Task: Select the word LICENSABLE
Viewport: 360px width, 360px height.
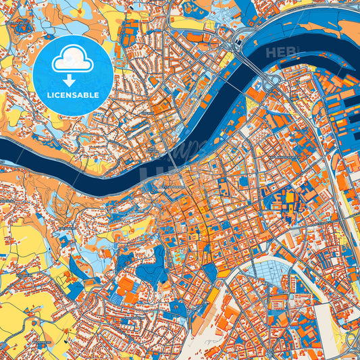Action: [x=73, y=96]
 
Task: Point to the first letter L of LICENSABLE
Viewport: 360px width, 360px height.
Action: [x=49, y=96]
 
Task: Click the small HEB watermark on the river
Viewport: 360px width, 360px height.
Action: [x=280, y=52]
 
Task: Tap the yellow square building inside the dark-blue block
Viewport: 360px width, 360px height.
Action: [x=290, y=197]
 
